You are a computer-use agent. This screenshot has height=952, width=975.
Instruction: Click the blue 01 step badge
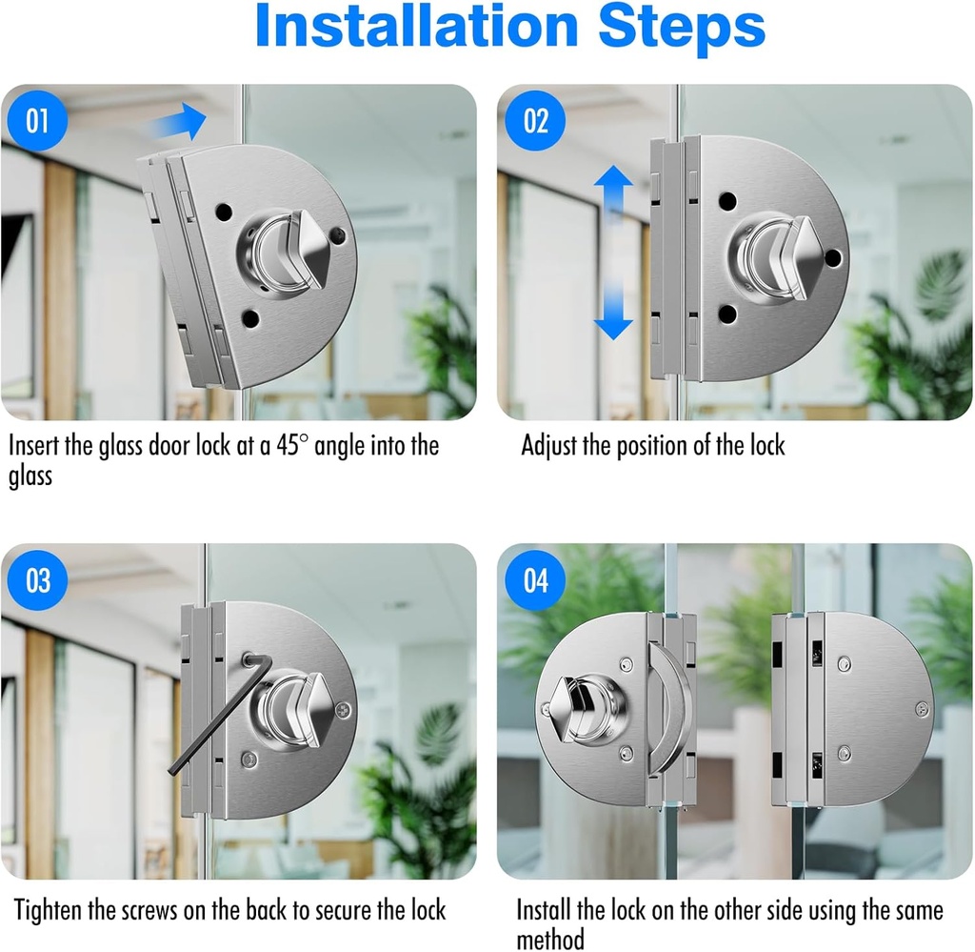37,121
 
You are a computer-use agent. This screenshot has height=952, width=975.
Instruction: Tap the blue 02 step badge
535,121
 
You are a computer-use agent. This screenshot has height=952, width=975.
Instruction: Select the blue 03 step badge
37,580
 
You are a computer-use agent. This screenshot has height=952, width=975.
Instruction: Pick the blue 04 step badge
535,580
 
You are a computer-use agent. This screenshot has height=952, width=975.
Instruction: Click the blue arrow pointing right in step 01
178,121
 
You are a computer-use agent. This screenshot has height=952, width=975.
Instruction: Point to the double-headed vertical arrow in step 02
613,252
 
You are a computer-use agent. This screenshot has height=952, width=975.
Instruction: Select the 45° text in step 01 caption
291,446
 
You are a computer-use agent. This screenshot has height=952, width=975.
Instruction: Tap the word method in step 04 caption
550,939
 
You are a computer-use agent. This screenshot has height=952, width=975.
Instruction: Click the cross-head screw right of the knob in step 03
343,709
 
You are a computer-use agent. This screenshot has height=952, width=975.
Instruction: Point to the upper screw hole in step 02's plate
727,201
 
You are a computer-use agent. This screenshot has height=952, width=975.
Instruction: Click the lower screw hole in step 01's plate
250,319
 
